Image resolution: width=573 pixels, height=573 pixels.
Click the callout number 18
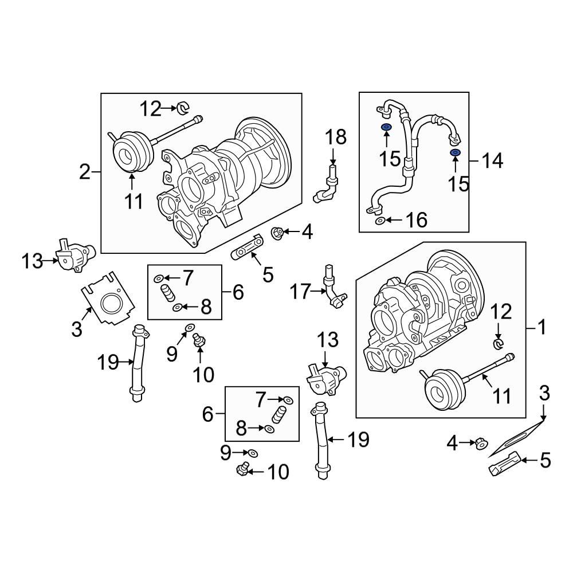point(336,138)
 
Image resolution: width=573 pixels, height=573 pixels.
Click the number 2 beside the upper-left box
point(85,171)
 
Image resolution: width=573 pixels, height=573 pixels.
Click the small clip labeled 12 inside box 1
point(499,343)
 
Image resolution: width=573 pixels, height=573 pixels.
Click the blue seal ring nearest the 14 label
point(456,152)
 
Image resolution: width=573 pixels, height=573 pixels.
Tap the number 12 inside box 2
point(151,108)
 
